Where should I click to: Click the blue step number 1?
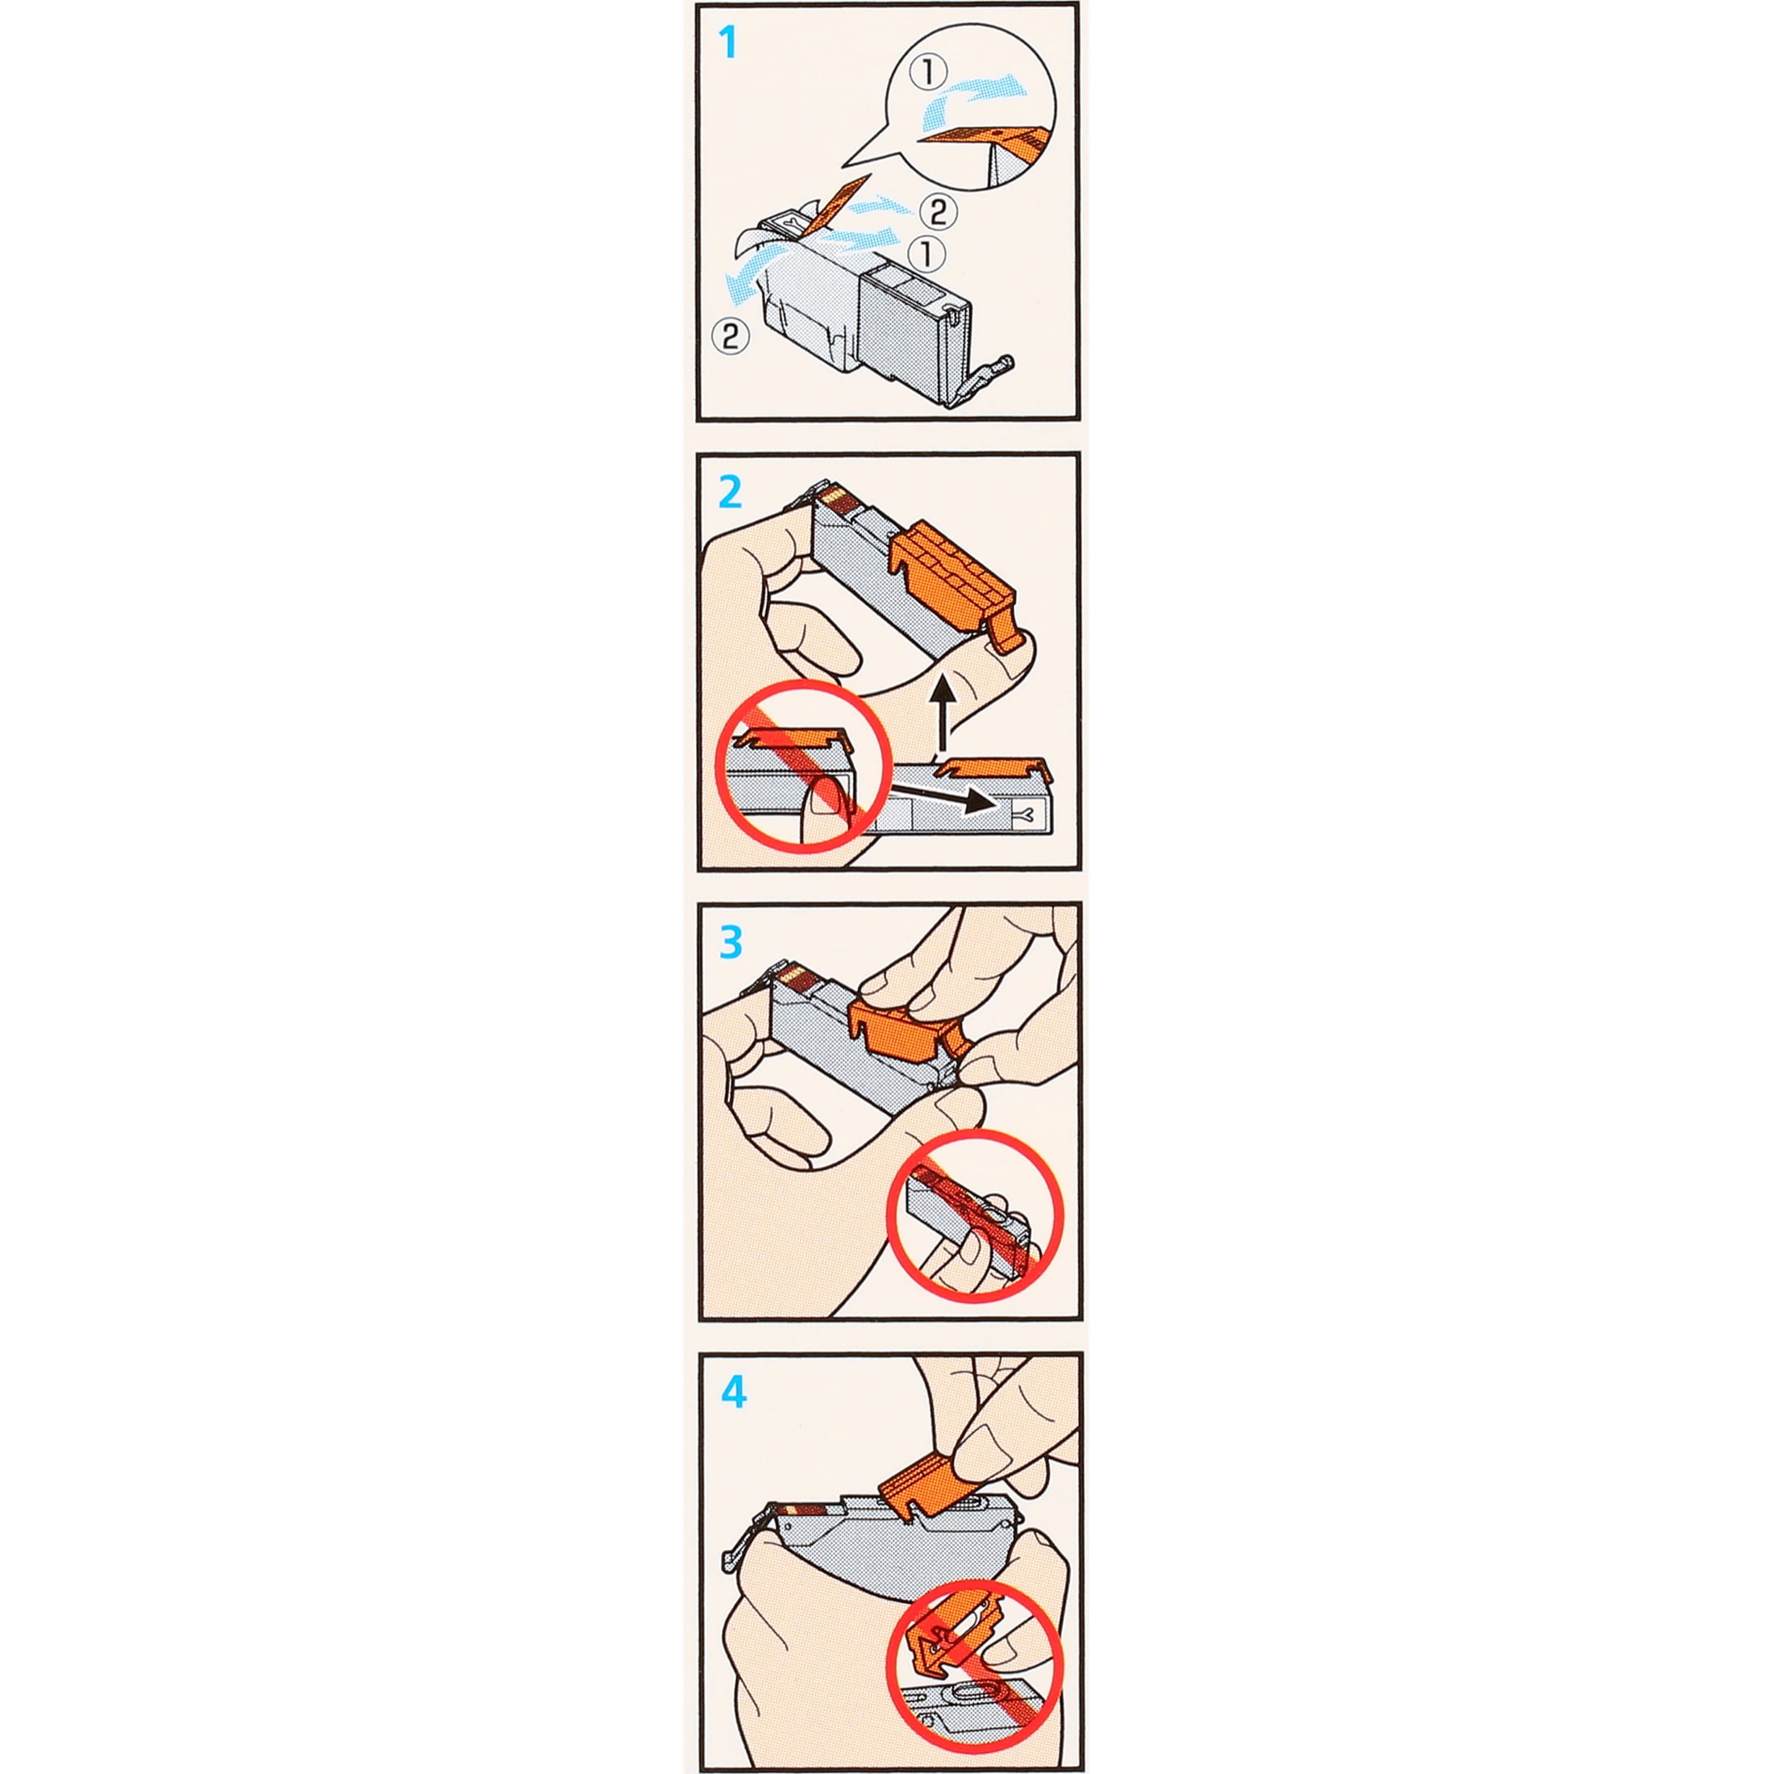point(728,42)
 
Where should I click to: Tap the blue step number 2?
point(730,493)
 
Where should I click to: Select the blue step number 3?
point(731,942)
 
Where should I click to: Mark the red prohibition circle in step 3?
point(976,1217)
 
